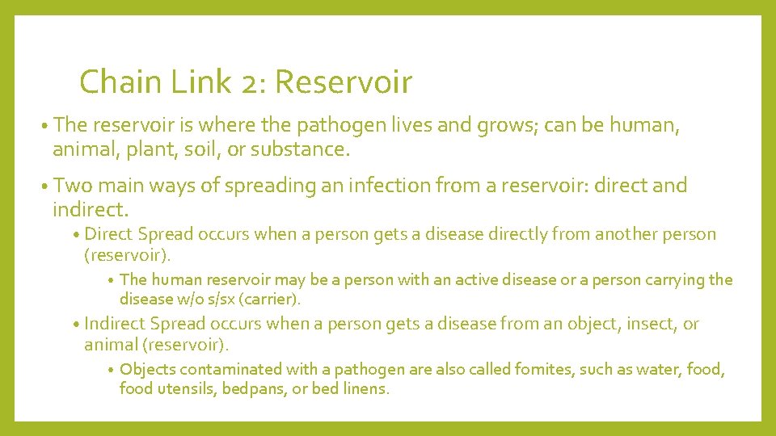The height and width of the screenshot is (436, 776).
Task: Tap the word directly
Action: click(x=542, y=235)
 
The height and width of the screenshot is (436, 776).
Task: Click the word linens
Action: click(x=364, y=389)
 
